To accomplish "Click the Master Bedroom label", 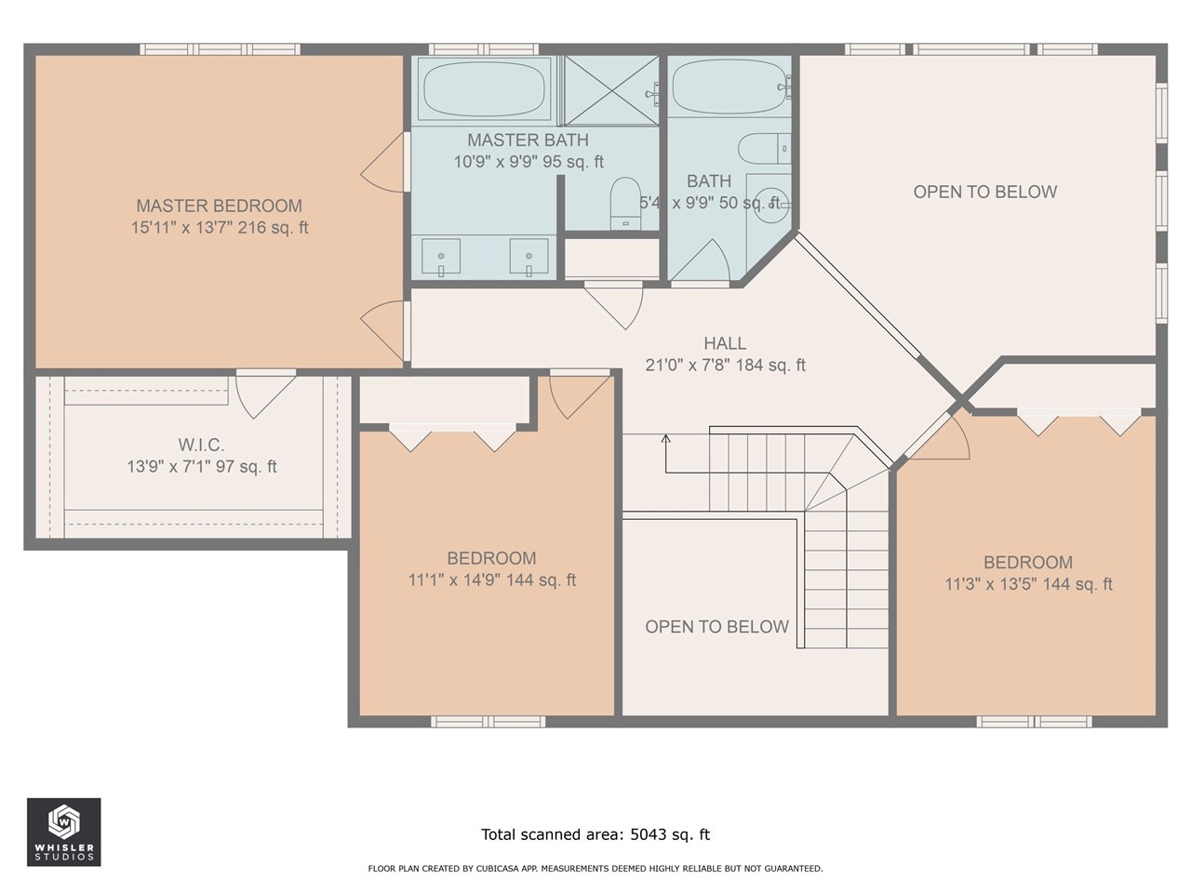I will coord(220,206).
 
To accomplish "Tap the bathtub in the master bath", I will coord(485,88).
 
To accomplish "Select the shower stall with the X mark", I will coord(610,90).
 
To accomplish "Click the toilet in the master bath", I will coord(623,204).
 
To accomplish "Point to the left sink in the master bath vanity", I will coord(442,257).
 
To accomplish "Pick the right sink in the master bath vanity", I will coord(529,257).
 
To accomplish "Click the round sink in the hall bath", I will coord(769,201).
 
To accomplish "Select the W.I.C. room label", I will coord(201,446).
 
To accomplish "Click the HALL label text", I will coord(725,343).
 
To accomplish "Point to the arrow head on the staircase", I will coord(666,438).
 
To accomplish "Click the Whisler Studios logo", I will coord(64,832).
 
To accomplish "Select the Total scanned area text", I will coord(595,834).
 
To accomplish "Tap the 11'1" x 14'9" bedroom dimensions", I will coord(491,580).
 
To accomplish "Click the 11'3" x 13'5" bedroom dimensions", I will coord(1028,584).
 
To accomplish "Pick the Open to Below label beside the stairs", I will coord(716,627).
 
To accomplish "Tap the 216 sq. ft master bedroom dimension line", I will coord(220,228).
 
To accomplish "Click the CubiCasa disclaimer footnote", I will coord(595,869).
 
